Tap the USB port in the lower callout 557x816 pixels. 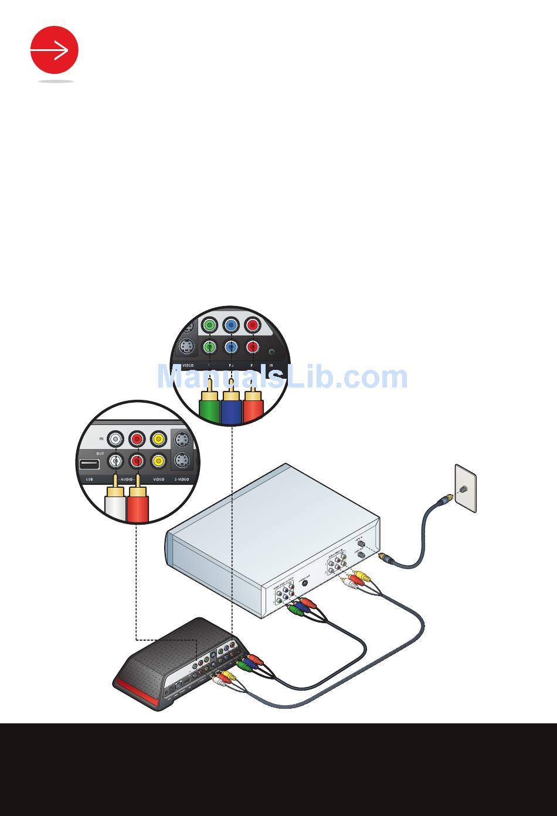(x=89, y=464)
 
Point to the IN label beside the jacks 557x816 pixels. (x=101, y=438)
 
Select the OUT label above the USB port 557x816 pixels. (x=101, y=452)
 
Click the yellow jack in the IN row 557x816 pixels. (x=158, y=438)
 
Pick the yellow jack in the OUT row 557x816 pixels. (x=158, y=461)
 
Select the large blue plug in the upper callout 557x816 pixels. (x=231, y=407)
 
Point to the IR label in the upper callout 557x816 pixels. (x=271, y=365)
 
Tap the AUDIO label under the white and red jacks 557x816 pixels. (x=127, y=479)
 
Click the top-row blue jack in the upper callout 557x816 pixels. (x=231, y=325)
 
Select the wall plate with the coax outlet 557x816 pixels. (x=466, y=488)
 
